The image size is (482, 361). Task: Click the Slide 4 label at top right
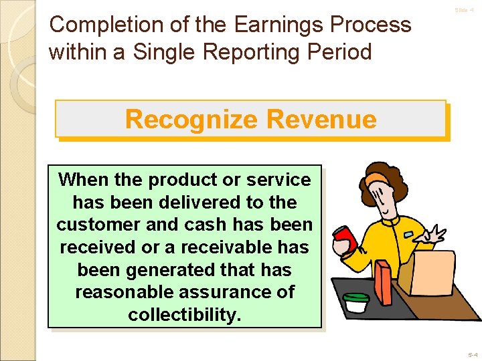[x=464, y=10]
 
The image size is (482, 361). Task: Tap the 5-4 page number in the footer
[x=473, y=354]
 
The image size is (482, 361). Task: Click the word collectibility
[x=184, y=315]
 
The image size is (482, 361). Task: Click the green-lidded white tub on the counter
[x=355, y=303]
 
